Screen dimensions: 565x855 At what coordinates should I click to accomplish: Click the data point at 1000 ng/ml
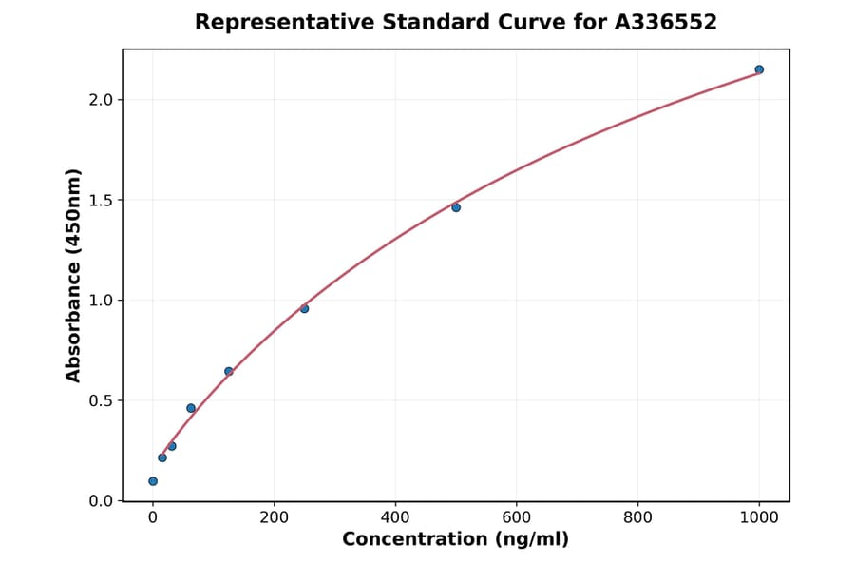pos(759,69)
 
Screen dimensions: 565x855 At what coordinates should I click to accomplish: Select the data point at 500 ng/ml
pos(456,207)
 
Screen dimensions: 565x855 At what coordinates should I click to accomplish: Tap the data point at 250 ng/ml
pos(304,308)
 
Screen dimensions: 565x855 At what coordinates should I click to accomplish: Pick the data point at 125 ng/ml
pos(229,371)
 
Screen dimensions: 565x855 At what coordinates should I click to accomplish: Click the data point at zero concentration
pos(153,481)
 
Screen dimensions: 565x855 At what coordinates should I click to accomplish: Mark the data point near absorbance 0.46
pos(191,408)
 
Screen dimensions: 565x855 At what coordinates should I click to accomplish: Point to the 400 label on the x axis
pos(395,516)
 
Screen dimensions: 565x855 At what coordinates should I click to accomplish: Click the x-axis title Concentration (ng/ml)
pos(455,539)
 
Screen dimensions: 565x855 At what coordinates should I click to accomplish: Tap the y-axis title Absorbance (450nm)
pos(74,275)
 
